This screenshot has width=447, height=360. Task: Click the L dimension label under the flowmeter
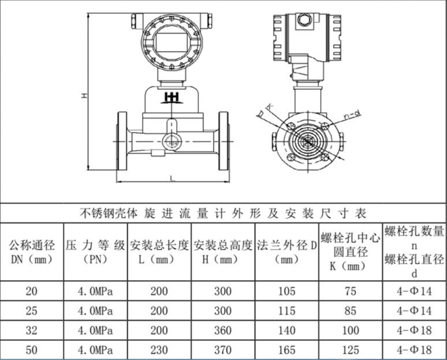pyautogui.click(x=172, y=179)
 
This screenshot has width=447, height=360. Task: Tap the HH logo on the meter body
pyautogui.click(x=172, y=97)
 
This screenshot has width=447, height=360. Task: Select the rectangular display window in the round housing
pyautogui.click(x=171, y=42)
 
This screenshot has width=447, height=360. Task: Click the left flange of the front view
pyautogui.click(x=122, y=141)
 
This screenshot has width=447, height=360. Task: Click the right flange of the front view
pyautogui.click(x=224, y=141)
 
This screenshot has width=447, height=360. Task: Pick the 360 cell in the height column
pyautogui.click(x=223, y=330)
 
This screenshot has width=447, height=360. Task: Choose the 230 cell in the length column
pyautogui.click(x=159, y=350)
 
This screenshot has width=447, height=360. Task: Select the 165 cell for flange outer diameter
pyautogui.click(x=287, y=350)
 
